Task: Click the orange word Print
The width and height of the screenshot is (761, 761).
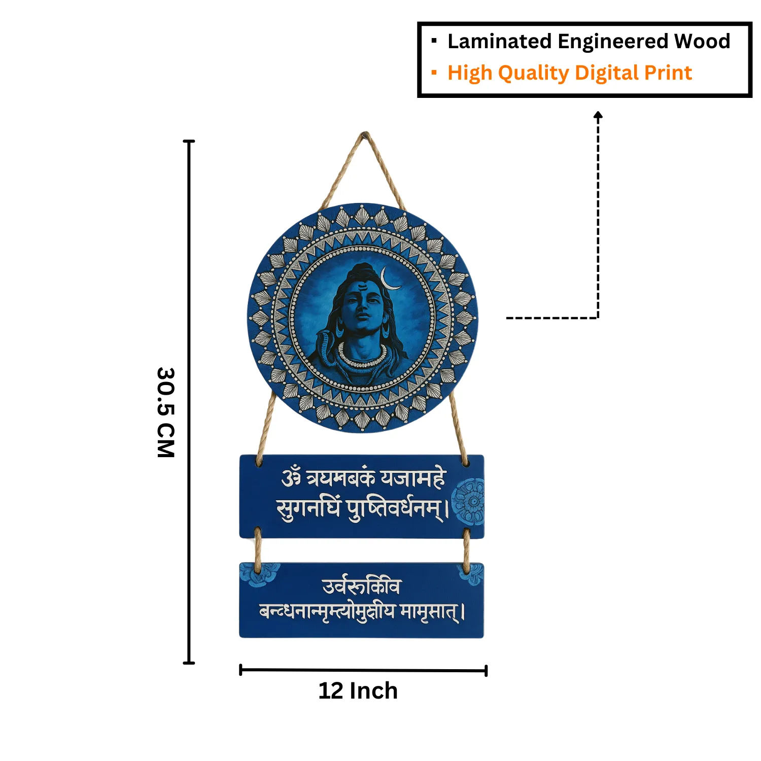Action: (668, 73)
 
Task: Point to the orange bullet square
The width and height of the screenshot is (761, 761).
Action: (434, 73)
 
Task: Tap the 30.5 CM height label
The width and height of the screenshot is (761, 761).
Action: (166, 412)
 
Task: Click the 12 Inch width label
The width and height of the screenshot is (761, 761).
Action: (358, 691)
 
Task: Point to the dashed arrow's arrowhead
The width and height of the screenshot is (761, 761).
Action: (598, 115)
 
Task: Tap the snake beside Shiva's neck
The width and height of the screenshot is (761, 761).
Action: (323, 345)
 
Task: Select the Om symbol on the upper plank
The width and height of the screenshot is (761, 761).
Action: (292, 478)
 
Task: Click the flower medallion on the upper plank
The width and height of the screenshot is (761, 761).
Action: (469, 501)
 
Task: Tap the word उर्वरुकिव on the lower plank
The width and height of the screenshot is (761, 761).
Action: (361, 586)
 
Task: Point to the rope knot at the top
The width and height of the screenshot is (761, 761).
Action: (365, 135)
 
